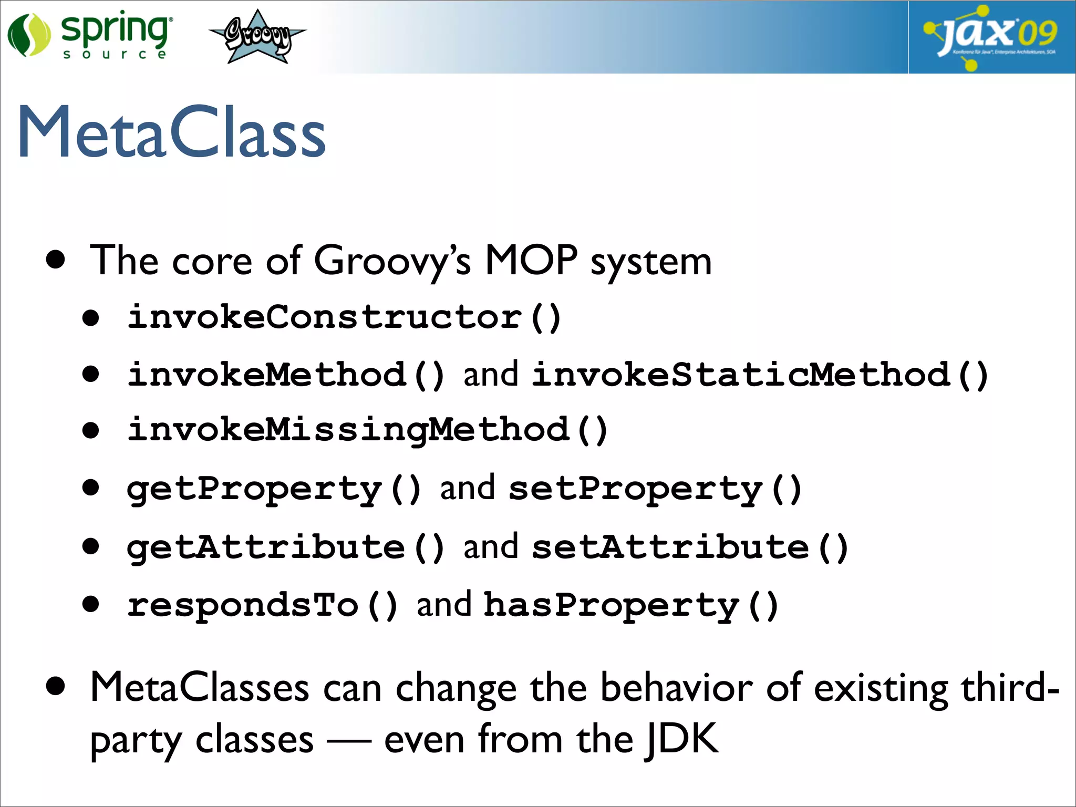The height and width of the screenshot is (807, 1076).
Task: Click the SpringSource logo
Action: click(x=89, y=36)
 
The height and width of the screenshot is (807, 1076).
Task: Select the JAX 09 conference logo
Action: click(x=991, y=37)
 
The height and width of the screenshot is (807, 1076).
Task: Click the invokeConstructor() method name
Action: click(x=344, y=317)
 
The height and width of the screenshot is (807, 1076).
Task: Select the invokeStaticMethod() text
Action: click(x=760, y=375)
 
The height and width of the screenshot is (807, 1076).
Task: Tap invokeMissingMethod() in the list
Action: click(x=367, y=430)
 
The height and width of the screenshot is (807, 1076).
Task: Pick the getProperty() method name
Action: click(x=274, y=489)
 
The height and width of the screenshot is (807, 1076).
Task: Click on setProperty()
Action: click(x=655, y=489)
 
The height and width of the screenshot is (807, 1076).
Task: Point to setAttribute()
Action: click(x=690, y=547)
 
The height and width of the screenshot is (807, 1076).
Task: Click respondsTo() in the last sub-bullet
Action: click(x=262, y=605)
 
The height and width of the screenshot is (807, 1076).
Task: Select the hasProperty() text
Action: click(x=630, y=605)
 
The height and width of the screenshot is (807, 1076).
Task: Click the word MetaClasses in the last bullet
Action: click(x=200, y=687)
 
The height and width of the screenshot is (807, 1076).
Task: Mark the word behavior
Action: click(x=676, y=687)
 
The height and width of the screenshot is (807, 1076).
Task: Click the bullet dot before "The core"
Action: click(x=55, y=260)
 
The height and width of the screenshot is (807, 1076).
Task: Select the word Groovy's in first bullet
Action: click(x=392, y=261)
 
